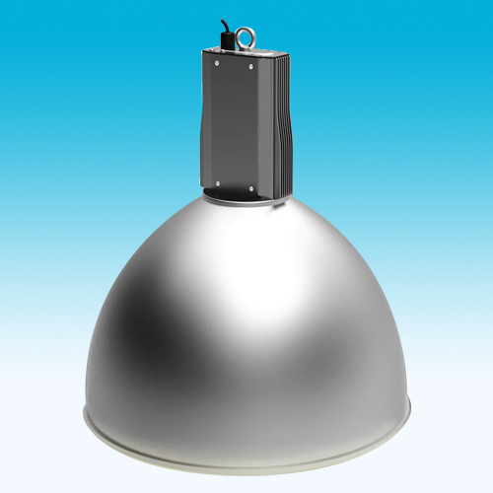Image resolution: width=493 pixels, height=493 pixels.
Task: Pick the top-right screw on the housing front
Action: point(253,67)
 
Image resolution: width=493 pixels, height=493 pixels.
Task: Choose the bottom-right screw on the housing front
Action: point(253,183)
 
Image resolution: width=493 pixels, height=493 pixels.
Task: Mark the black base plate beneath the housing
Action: point(246,193)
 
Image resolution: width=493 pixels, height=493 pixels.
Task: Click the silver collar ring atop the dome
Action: point(246,203)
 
